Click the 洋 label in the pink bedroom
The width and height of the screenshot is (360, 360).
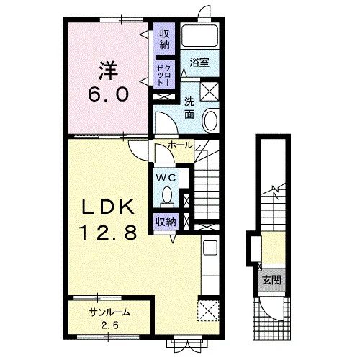click(108, 71)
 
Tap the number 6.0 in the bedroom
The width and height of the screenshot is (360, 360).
click(108, 94)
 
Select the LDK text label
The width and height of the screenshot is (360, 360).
click(108, 207)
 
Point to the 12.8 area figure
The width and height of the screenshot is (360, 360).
click(108, 233)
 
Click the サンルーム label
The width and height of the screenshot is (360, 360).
click(109, 312)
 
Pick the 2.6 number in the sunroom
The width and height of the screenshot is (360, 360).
click(110, 325)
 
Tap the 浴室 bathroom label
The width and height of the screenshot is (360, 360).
click(199, 63)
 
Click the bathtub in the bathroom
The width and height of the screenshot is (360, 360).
click(199, 36)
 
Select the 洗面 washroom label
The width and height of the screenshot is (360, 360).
click(189, 109)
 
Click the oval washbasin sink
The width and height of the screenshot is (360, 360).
click(211, 121)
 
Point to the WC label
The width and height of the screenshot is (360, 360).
click(166, 178)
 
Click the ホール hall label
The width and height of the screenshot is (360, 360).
click(181, 145)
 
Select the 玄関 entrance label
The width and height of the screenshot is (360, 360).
click(271, 280)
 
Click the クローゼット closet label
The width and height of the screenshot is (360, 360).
click(164, 75)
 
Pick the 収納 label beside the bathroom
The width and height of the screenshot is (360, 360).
click(164, 39)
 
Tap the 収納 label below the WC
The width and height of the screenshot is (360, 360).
click(166, 222)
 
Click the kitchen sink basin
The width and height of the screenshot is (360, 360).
click(210, 248)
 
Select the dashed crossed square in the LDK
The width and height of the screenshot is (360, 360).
click(209, 310)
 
